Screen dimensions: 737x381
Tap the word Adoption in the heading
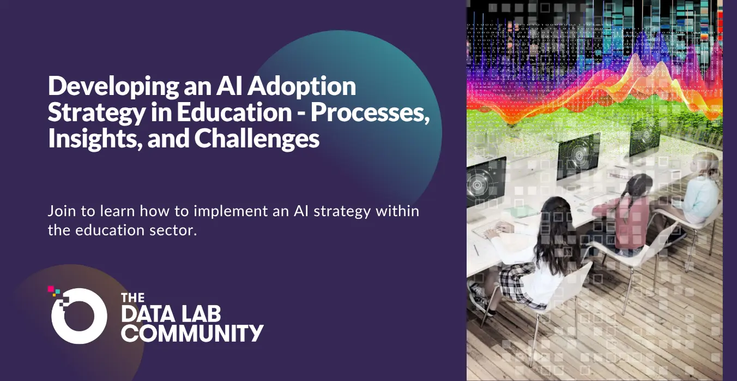[x=301, y=86]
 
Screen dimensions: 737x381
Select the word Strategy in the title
[x=96, y=113]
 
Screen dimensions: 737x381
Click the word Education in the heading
[x=234, y=112]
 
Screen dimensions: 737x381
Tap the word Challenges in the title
[x=257, y=139]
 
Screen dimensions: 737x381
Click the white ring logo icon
[x=79, y=316]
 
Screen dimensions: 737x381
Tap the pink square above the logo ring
[x=51, y=289]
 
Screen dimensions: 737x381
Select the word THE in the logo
[x=133, y=297]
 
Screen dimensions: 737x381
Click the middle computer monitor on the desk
[x=579, y=156]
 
